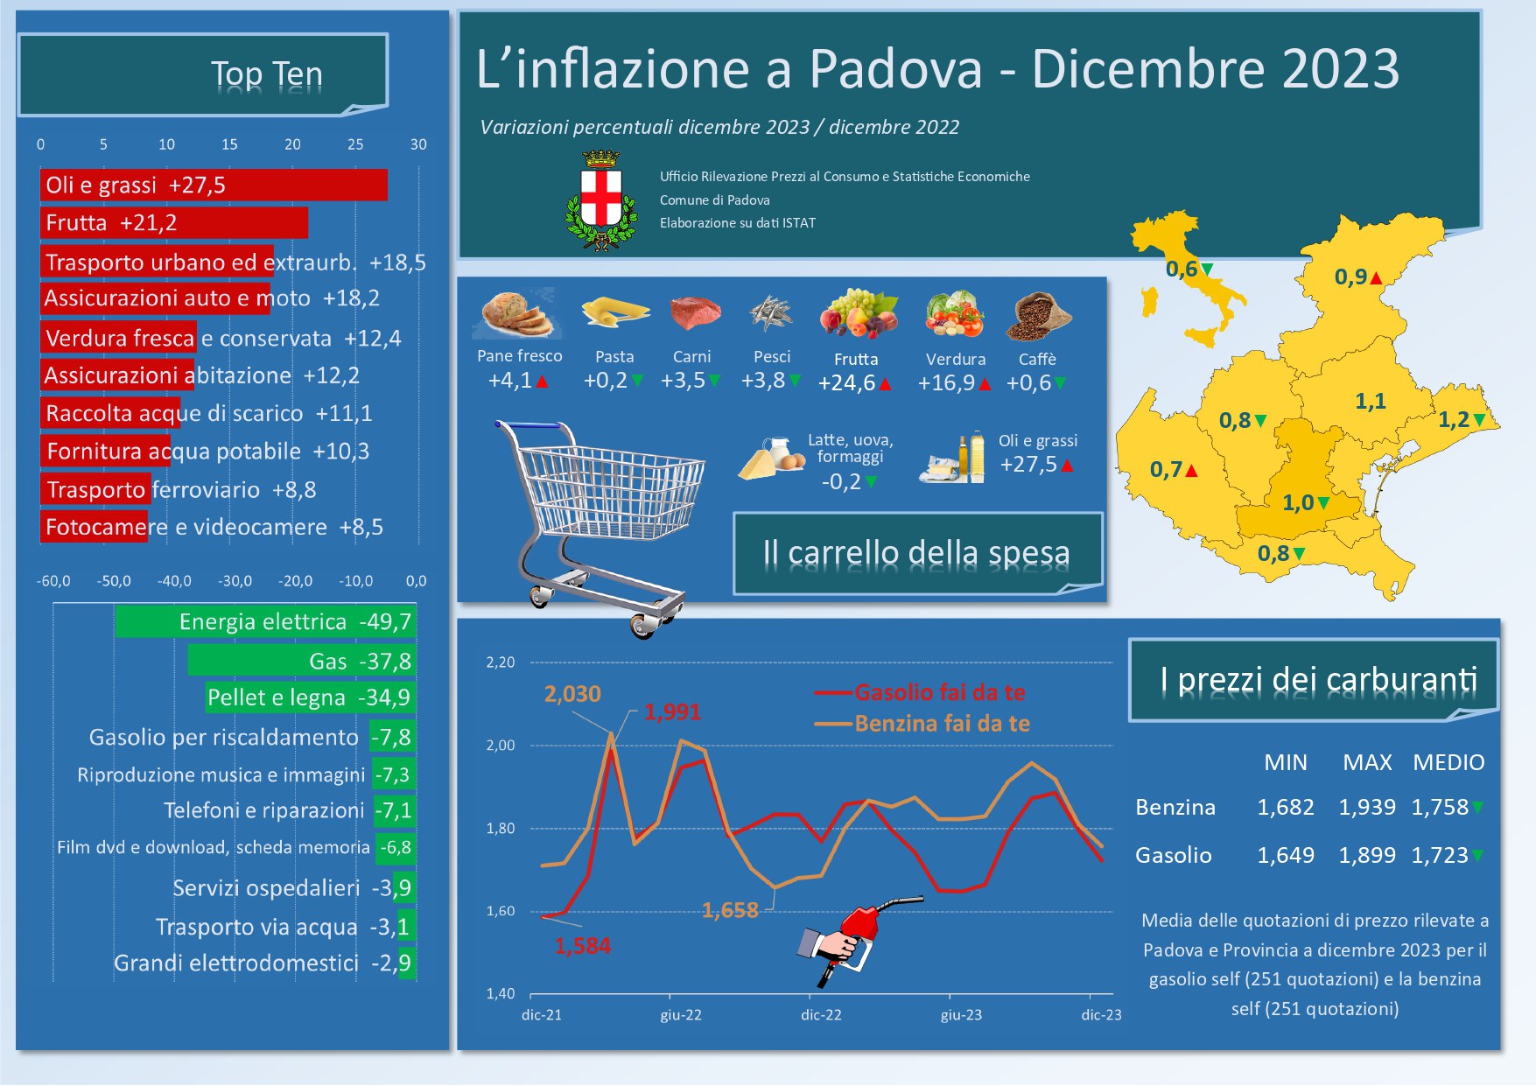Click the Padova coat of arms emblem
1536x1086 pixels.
601,202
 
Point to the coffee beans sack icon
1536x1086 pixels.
1038,317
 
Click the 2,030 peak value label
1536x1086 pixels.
572,694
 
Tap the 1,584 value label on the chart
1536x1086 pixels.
582,946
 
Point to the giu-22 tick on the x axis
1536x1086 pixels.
681,1015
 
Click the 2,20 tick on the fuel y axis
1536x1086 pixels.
501,662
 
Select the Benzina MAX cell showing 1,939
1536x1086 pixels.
1367,807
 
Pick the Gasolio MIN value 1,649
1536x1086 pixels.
1285,855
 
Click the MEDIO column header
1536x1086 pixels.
1448,762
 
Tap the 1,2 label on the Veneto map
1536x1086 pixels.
1454,420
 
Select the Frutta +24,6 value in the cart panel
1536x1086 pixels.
847,383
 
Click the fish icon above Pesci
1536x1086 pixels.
771,314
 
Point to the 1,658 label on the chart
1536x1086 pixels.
730,910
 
